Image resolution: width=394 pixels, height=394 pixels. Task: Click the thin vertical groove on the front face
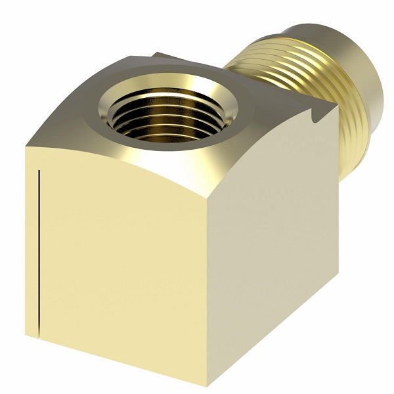click(41, 250)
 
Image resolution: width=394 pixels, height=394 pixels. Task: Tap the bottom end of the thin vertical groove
click(41, 328)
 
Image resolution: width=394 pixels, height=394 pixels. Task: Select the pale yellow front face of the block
click(125, 263)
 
